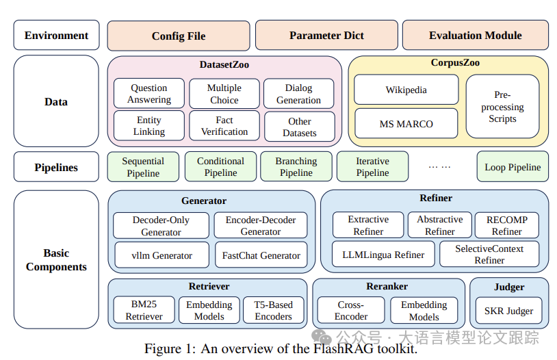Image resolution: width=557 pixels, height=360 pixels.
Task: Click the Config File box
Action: (x=179, y=36)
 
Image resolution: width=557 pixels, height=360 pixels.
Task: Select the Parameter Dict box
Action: (x=326, y=35)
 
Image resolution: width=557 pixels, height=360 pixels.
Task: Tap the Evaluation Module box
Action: (x=476, y=35)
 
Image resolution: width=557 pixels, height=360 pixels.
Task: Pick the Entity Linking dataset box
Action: (x=149, y=126)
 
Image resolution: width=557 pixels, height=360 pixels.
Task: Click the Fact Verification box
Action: (x=224, y=126)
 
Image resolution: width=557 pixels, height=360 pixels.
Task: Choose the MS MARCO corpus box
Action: (x=406, y=124)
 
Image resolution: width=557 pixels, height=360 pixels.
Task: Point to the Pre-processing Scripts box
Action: (x=502, y=106)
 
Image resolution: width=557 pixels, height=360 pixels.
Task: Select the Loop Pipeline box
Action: (x=513, y=167)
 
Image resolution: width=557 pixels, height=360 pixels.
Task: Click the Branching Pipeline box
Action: (x=296, y=167)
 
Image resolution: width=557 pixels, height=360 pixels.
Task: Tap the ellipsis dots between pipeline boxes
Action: (x=439, y=166)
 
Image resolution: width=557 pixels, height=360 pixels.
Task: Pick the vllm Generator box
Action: (x=162, y=255)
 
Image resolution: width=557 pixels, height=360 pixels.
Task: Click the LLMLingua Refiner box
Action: (x=383, y=255)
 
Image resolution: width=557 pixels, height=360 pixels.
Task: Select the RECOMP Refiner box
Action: (x=507, y=225)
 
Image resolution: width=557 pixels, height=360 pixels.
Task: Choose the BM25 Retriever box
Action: (x=144, y=310)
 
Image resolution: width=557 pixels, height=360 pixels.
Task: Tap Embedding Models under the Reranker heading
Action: (x=424, y=310)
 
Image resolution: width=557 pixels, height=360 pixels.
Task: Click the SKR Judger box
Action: (x=508, y=311)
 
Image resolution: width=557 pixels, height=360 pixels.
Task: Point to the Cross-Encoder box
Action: (x=351, y=310)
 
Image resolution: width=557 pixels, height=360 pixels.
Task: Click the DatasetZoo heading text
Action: (x=224, y=64)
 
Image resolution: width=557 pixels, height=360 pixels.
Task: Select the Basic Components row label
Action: (x=56, y=259)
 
